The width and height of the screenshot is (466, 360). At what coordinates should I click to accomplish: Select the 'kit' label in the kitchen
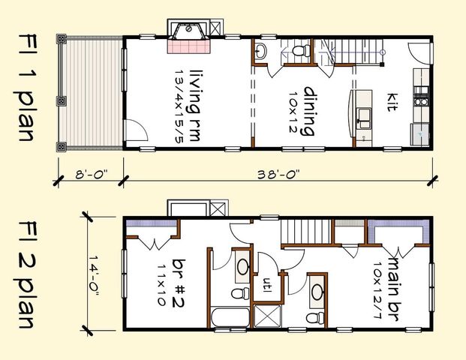[392, 103]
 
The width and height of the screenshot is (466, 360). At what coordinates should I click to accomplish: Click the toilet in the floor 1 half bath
[302, 52]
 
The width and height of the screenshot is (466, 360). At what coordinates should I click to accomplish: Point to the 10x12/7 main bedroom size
[381, 278]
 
